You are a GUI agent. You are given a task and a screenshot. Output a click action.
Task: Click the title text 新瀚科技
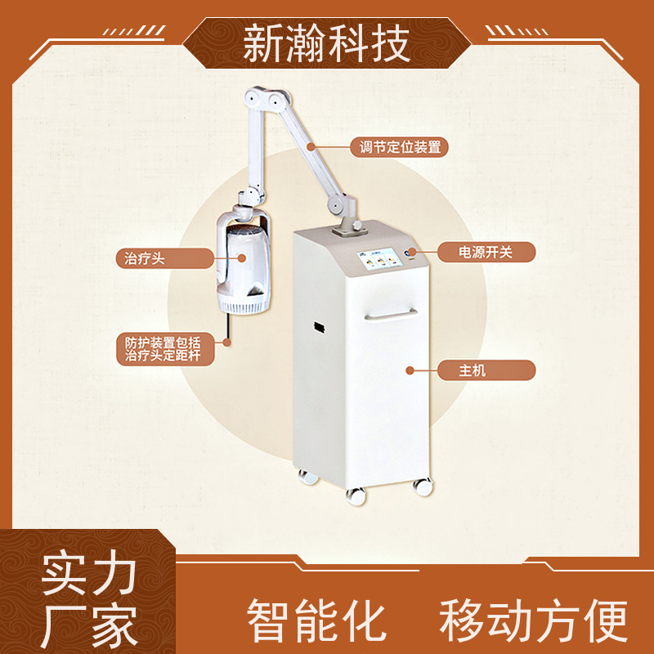click(326, 44)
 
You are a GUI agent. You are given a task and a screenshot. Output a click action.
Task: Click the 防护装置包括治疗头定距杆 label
click(164, 349)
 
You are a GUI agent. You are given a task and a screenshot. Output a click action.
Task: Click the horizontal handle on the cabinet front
click(391, 315)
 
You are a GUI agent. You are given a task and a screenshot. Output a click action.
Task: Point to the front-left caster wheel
click(356, 495)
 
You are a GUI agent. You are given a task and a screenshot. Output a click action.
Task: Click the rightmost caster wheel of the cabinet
click(422, 486)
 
